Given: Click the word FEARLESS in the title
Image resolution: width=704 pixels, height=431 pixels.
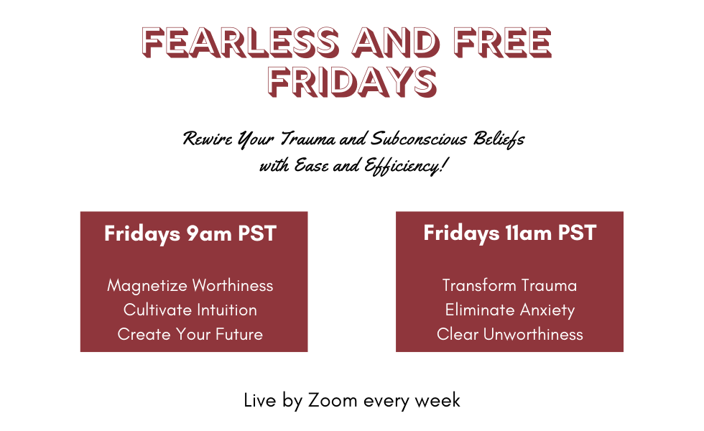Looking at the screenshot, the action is [x=240, y=42].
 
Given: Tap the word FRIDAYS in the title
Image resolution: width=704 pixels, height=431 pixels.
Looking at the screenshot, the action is [x=352, y=82].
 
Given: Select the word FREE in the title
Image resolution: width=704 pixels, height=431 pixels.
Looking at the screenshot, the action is [x=502, y=42].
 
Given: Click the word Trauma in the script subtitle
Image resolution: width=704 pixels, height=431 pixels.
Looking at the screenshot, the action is [x=308, y=139].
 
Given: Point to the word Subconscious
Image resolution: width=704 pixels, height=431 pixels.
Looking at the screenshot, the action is [x=419, y=139].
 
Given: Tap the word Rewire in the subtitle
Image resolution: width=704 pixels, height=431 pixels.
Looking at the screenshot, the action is [x=208, y=139].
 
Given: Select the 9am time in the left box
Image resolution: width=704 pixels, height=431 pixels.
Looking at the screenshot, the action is [x=209, y=234].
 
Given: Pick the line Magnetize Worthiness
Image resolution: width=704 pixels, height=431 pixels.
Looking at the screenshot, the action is [x=190, y=286].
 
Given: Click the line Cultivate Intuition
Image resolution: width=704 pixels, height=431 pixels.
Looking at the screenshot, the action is [x=190, y=310].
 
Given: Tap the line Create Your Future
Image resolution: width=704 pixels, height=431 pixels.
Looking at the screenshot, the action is [x=190, y=334].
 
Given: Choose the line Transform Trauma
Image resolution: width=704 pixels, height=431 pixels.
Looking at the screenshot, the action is [x=509, y=286].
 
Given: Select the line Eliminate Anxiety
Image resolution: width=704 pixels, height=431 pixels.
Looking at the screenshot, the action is [x=509, y=310].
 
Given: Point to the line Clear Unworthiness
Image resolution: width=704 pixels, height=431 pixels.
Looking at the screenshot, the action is [x=509, y=334].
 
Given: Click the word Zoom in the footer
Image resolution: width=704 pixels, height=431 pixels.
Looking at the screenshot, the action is [x=333, y=400].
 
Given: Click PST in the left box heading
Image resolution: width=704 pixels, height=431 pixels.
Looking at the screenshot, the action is [x=257, y=233].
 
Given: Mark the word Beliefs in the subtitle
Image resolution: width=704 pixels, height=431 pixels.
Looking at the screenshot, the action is [x=499, y=139].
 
